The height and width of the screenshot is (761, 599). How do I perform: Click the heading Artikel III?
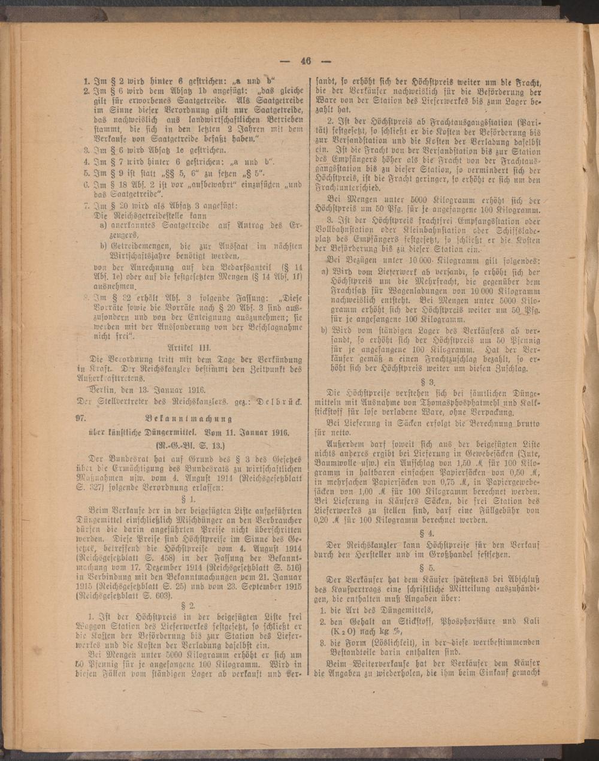pyautogui.click(x=190, y=346)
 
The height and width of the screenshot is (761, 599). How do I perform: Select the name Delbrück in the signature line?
pyautogui.click(x=280, y=399)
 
